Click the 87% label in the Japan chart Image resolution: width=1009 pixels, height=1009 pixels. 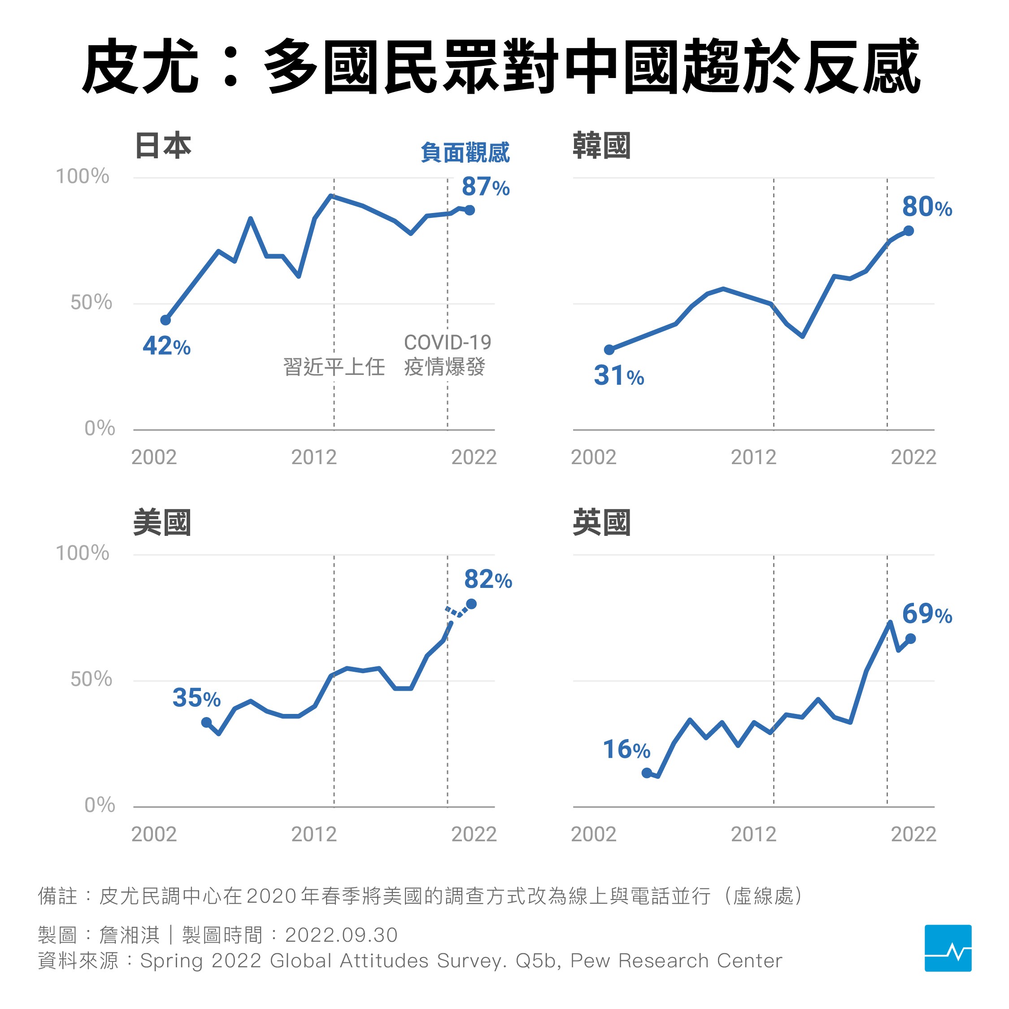click(485, 187)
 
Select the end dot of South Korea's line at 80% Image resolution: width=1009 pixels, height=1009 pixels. click(908, 231)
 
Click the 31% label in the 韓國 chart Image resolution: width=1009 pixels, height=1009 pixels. click(618, 376)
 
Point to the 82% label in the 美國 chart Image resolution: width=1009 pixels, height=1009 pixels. click(488, 580)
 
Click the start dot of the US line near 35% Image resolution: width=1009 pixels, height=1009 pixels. click(206, 722)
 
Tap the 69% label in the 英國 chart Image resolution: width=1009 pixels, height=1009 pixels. click(926, 614)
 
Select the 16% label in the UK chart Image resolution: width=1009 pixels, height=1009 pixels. click(626, 750)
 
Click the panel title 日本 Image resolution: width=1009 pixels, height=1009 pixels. click(163, 146)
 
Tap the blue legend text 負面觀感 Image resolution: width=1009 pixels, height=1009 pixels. click(465, 153)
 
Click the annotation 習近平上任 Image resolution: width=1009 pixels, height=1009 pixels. click(334, 367)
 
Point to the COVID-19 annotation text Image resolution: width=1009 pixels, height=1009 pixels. click(447, 343)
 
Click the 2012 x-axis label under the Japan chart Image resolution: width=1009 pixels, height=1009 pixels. click(314, 457)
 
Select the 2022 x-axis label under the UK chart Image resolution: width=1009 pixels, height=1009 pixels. click(913, 835)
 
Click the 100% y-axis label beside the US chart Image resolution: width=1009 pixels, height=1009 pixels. click(83, 553)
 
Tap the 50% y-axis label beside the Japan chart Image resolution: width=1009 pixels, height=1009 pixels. click(91, 302)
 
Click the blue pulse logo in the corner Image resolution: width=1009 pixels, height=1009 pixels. click(948, 948)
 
